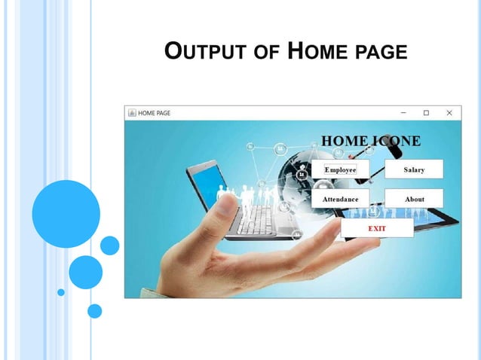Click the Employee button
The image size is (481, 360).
(340, 169)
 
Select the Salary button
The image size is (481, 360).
(414, 169)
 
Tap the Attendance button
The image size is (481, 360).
(340, 199)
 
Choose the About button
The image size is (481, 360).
(414, 199)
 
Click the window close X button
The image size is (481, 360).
(449, 113)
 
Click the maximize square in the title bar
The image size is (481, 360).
(426, 113)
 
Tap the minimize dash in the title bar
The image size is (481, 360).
(403, 113)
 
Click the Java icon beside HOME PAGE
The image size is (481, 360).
(131, 113)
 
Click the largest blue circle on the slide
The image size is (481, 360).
(66, 213)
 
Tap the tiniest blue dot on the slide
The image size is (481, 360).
(61, 291)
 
